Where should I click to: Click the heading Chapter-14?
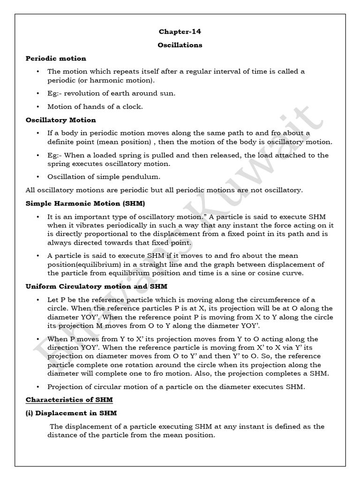180,32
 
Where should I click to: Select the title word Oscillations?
180,45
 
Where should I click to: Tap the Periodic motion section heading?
56,59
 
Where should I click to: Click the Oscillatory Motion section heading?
60,120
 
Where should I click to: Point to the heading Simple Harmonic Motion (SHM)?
85,203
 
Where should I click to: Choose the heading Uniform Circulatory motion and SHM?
96,285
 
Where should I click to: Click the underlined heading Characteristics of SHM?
69,400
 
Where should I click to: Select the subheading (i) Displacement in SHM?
71,413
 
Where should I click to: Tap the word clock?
133,106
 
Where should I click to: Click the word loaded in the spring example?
106,155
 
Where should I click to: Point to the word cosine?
267,273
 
